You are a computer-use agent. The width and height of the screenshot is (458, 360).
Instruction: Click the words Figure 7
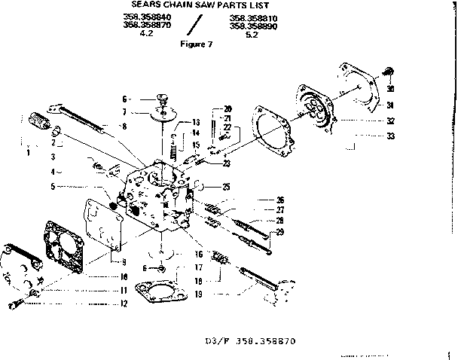click(x=197, y=44)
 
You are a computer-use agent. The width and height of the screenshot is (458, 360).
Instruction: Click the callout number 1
click(x=28, y=153)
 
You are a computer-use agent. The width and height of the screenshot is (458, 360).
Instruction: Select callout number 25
click(x=226, y=186)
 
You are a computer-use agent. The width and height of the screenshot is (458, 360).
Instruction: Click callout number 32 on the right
click(x=390, y=121)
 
